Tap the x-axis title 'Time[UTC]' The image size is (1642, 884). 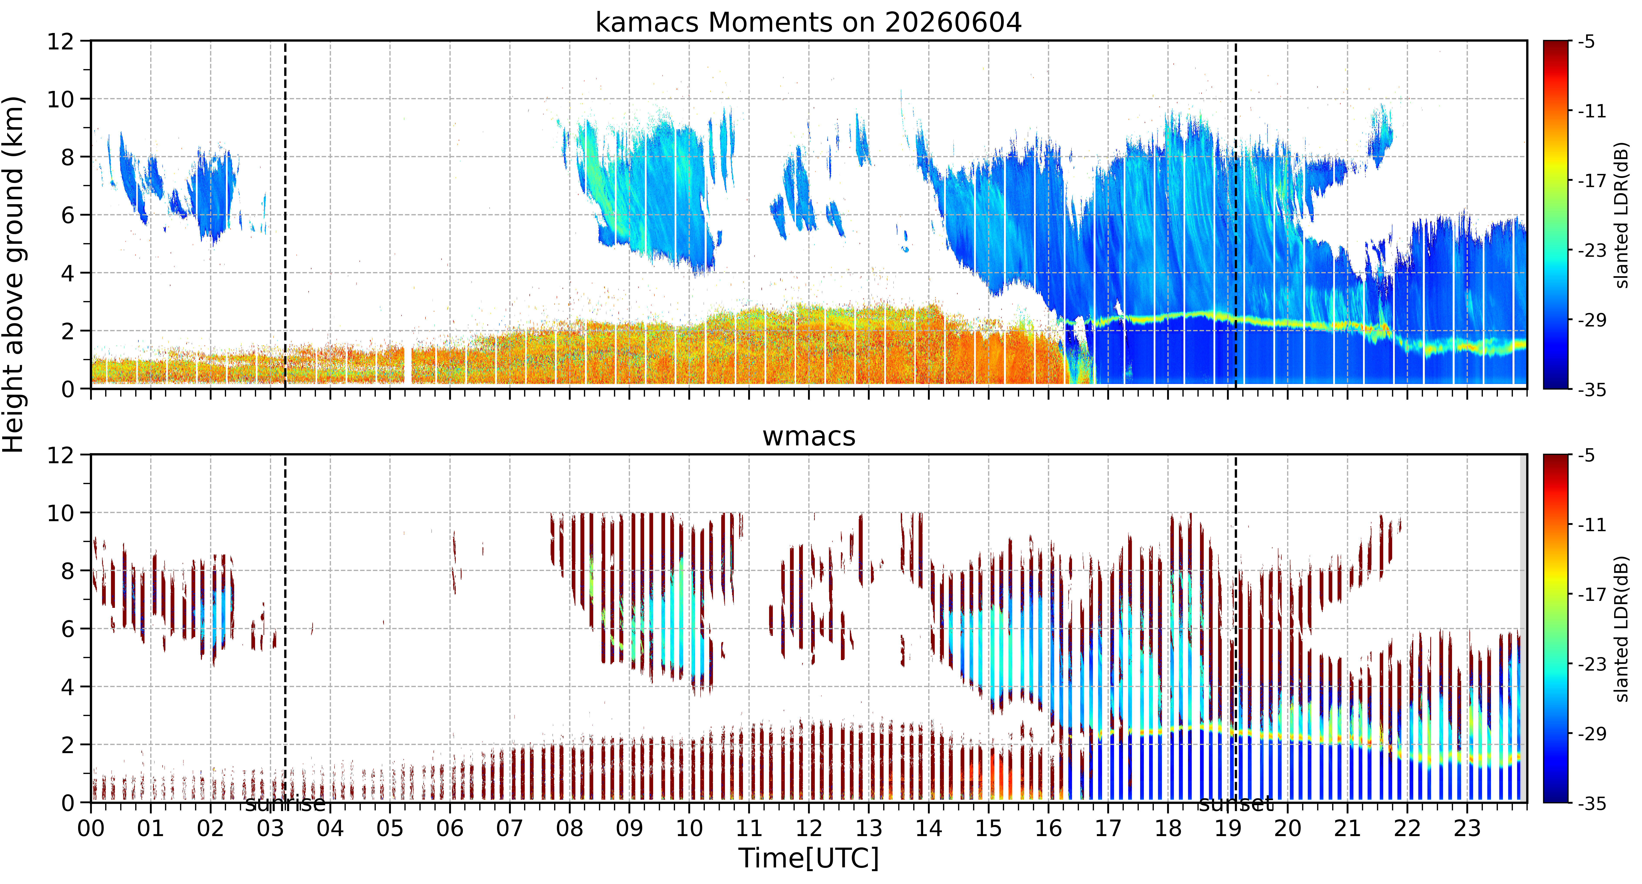tap(808, 859)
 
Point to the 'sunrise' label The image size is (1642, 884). tap(285, 804)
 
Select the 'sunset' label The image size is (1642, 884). tap(1235, 804)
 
